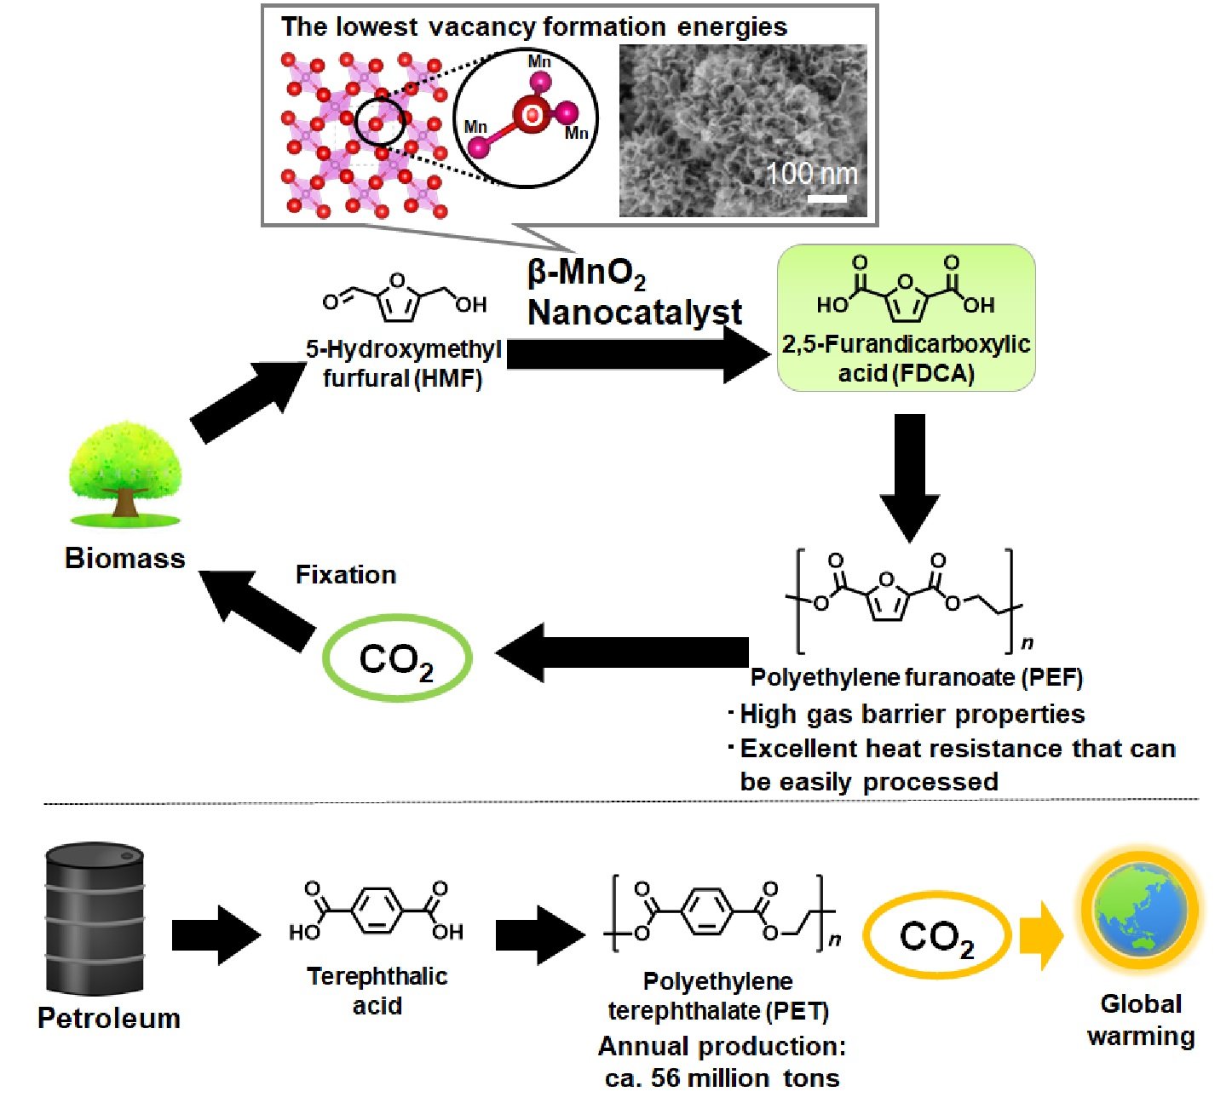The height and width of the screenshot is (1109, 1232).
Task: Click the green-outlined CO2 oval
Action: tap(396, 658)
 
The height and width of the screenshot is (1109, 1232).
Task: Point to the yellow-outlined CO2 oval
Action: tap(936, 937)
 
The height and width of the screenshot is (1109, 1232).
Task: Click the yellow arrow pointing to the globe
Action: tap(1041, 936)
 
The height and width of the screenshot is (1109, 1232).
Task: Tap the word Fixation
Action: tap(346, 575)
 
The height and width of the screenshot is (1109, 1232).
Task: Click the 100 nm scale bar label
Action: tap(811, 174)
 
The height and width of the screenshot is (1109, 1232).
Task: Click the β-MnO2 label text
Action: tap(587, 274)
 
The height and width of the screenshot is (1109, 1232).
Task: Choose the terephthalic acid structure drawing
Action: tap(376, 911)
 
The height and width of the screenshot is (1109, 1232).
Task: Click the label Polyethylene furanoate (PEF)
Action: tap(916, 678)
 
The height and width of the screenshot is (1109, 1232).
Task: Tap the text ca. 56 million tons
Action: tap(722, 1078)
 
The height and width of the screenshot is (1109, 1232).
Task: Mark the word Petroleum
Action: tap(109, 1019)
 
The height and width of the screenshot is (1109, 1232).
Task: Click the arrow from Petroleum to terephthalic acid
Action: tap(216, 935)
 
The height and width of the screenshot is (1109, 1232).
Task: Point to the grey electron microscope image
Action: tap(742, 130)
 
